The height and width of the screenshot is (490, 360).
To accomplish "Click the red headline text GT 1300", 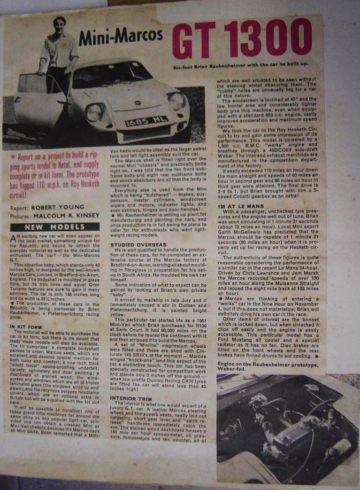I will pos(242,38).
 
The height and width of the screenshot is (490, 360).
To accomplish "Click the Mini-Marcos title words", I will pos(121,37).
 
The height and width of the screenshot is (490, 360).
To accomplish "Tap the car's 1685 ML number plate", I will pos(146,121).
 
